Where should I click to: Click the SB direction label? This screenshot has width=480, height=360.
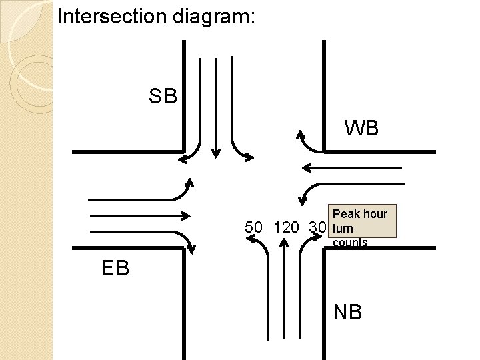tap(163, 97)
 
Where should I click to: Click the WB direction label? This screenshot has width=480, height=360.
tap(361, 127)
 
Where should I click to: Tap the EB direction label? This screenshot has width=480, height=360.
tap(115, 269)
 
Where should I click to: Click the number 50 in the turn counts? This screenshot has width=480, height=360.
tap(253, 227)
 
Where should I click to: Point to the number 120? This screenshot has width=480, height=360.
tap(286, 227)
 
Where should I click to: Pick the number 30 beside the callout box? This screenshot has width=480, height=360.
tap(317, 227)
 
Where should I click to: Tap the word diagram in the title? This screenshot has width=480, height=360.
tap(213, 16)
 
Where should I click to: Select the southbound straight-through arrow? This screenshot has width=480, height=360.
tap(215, 107)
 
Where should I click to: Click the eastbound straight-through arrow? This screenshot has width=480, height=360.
tap(140, 215)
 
